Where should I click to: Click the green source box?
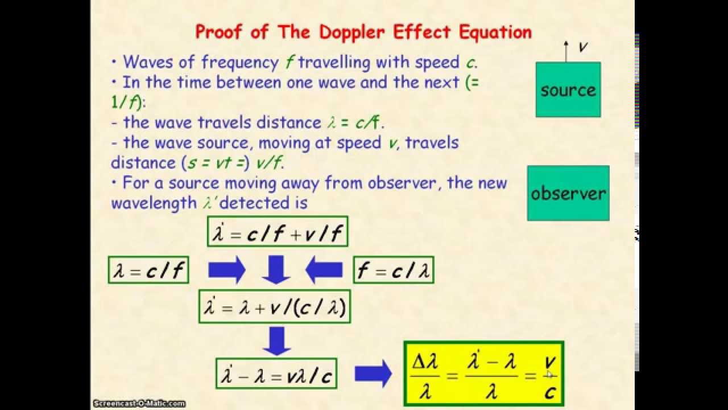[x=568, y=90]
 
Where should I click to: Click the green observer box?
[x=568, y=193]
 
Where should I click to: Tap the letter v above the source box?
[x=583, y=47]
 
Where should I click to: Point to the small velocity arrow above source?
[x=566, y=51]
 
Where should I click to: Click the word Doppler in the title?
[x=351, y=32]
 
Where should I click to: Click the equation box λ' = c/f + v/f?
[x=278, y=231]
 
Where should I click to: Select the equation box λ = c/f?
[x=148, y=270]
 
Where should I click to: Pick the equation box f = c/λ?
[x=393, y=270]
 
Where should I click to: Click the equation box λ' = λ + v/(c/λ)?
[x=275, y=306]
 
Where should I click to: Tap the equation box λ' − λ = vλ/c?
[x=276, y=374]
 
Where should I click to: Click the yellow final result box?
[x=483, y=374]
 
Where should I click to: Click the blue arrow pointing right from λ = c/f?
[x=226, y=270]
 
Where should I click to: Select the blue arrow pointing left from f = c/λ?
[x=324, y=270]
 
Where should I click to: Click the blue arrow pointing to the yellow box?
[x=373, y=374]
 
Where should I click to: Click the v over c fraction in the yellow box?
[x=549, y=376]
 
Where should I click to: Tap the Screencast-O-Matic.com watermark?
[x=139, y=404]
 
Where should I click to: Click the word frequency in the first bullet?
[x=239, y=61]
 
